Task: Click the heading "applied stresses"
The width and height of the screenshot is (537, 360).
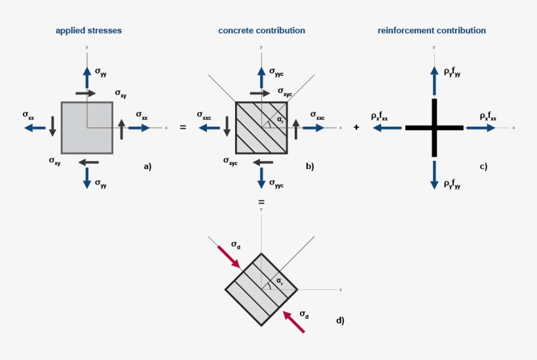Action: click(x=88, y=31)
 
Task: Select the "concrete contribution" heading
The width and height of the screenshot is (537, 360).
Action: click(x=261, y=31)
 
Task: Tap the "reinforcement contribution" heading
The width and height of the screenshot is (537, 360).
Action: click(x=432, y=31)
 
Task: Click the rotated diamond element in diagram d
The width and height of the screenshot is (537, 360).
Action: click(x=261, y=289)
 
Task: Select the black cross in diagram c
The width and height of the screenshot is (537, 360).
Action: click(x=434, y=128)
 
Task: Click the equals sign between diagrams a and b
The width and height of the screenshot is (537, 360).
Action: click(x=183, y=128)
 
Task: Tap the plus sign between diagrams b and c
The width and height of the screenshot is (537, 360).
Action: click(x=356, y=128)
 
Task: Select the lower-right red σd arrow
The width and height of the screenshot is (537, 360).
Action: click(x=294, y=322)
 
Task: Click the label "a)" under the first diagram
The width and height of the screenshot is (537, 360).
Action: click(x=147, y=166)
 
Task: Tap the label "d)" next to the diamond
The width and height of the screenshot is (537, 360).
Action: click(x=340, y=320)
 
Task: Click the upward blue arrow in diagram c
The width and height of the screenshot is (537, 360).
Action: click(x=434, y=79)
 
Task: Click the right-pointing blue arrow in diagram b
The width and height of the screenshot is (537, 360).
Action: click(x=313, y=128)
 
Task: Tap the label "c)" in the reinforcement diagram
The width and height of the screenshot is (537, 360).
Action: click(x=483, y=166)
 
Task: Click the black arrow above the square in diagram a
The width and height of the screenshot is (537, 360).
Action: click(x=86, y=94)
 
